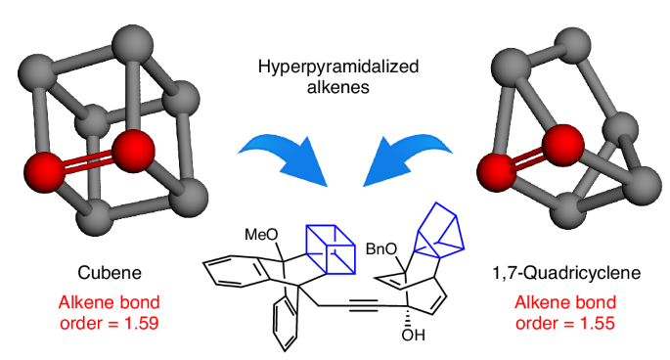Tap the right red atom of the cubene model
tap(133, 152)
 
